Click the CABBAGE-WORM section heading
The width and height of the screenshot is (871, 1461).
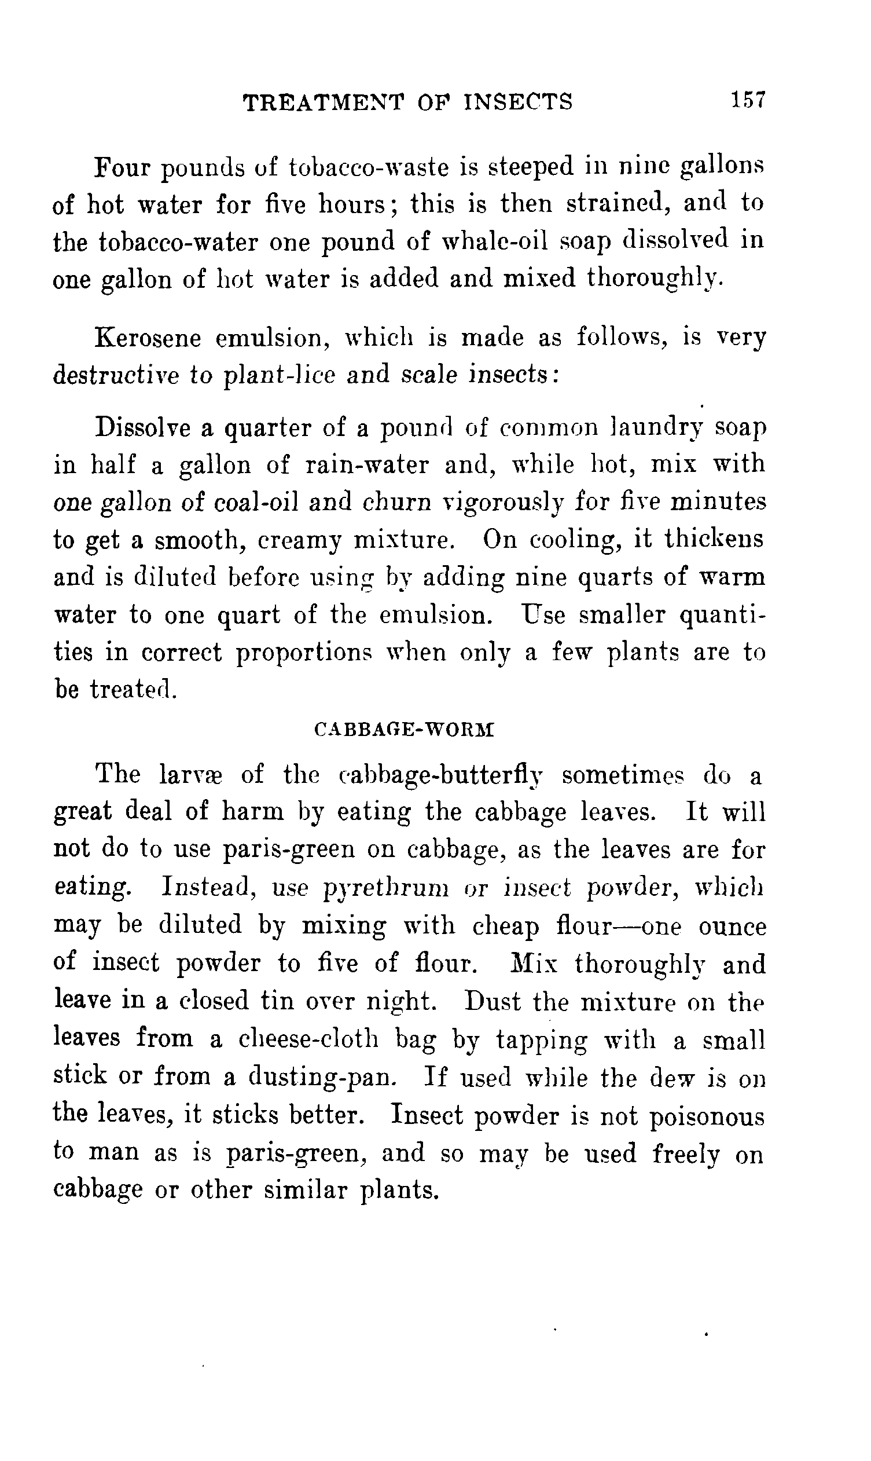[x=405, y=730]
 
